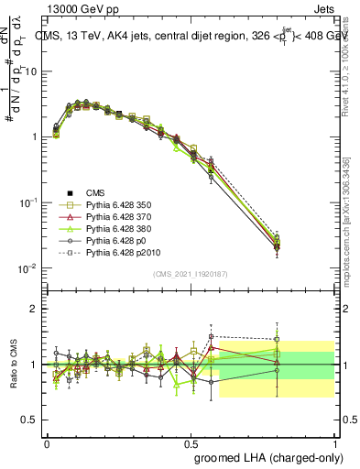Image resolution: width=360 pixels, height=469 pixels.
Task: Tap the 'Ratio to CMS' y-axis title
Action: (13, 365)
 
